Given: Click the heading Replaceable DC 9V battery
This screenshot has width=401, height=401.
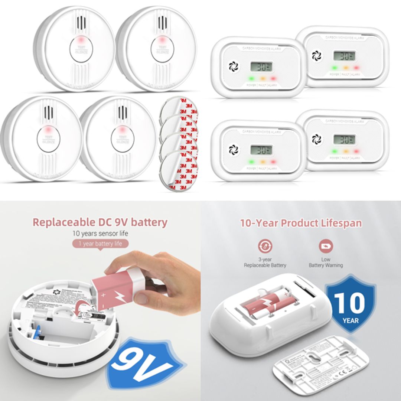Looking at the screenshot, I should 100,222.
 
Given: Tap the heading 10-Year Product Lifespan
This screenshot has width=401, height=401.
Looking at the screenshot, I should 301,223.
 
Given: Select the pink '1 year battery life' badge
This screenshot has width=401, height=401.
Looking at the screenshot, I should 100,244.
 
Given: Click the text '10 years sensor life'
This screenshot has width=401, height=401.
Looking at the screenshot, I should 100,234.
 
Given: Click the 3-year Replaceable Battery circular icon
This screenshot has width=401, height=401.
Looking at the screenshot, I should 265,246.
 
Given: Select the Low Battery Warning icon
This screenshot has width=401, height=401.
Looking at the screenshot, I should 326,246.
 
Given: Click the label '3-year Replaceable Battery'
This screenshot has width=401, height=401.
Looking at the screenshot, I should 265,263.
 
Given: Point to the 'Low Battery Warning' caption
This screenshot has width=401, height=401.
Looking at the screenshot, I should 326,263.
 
